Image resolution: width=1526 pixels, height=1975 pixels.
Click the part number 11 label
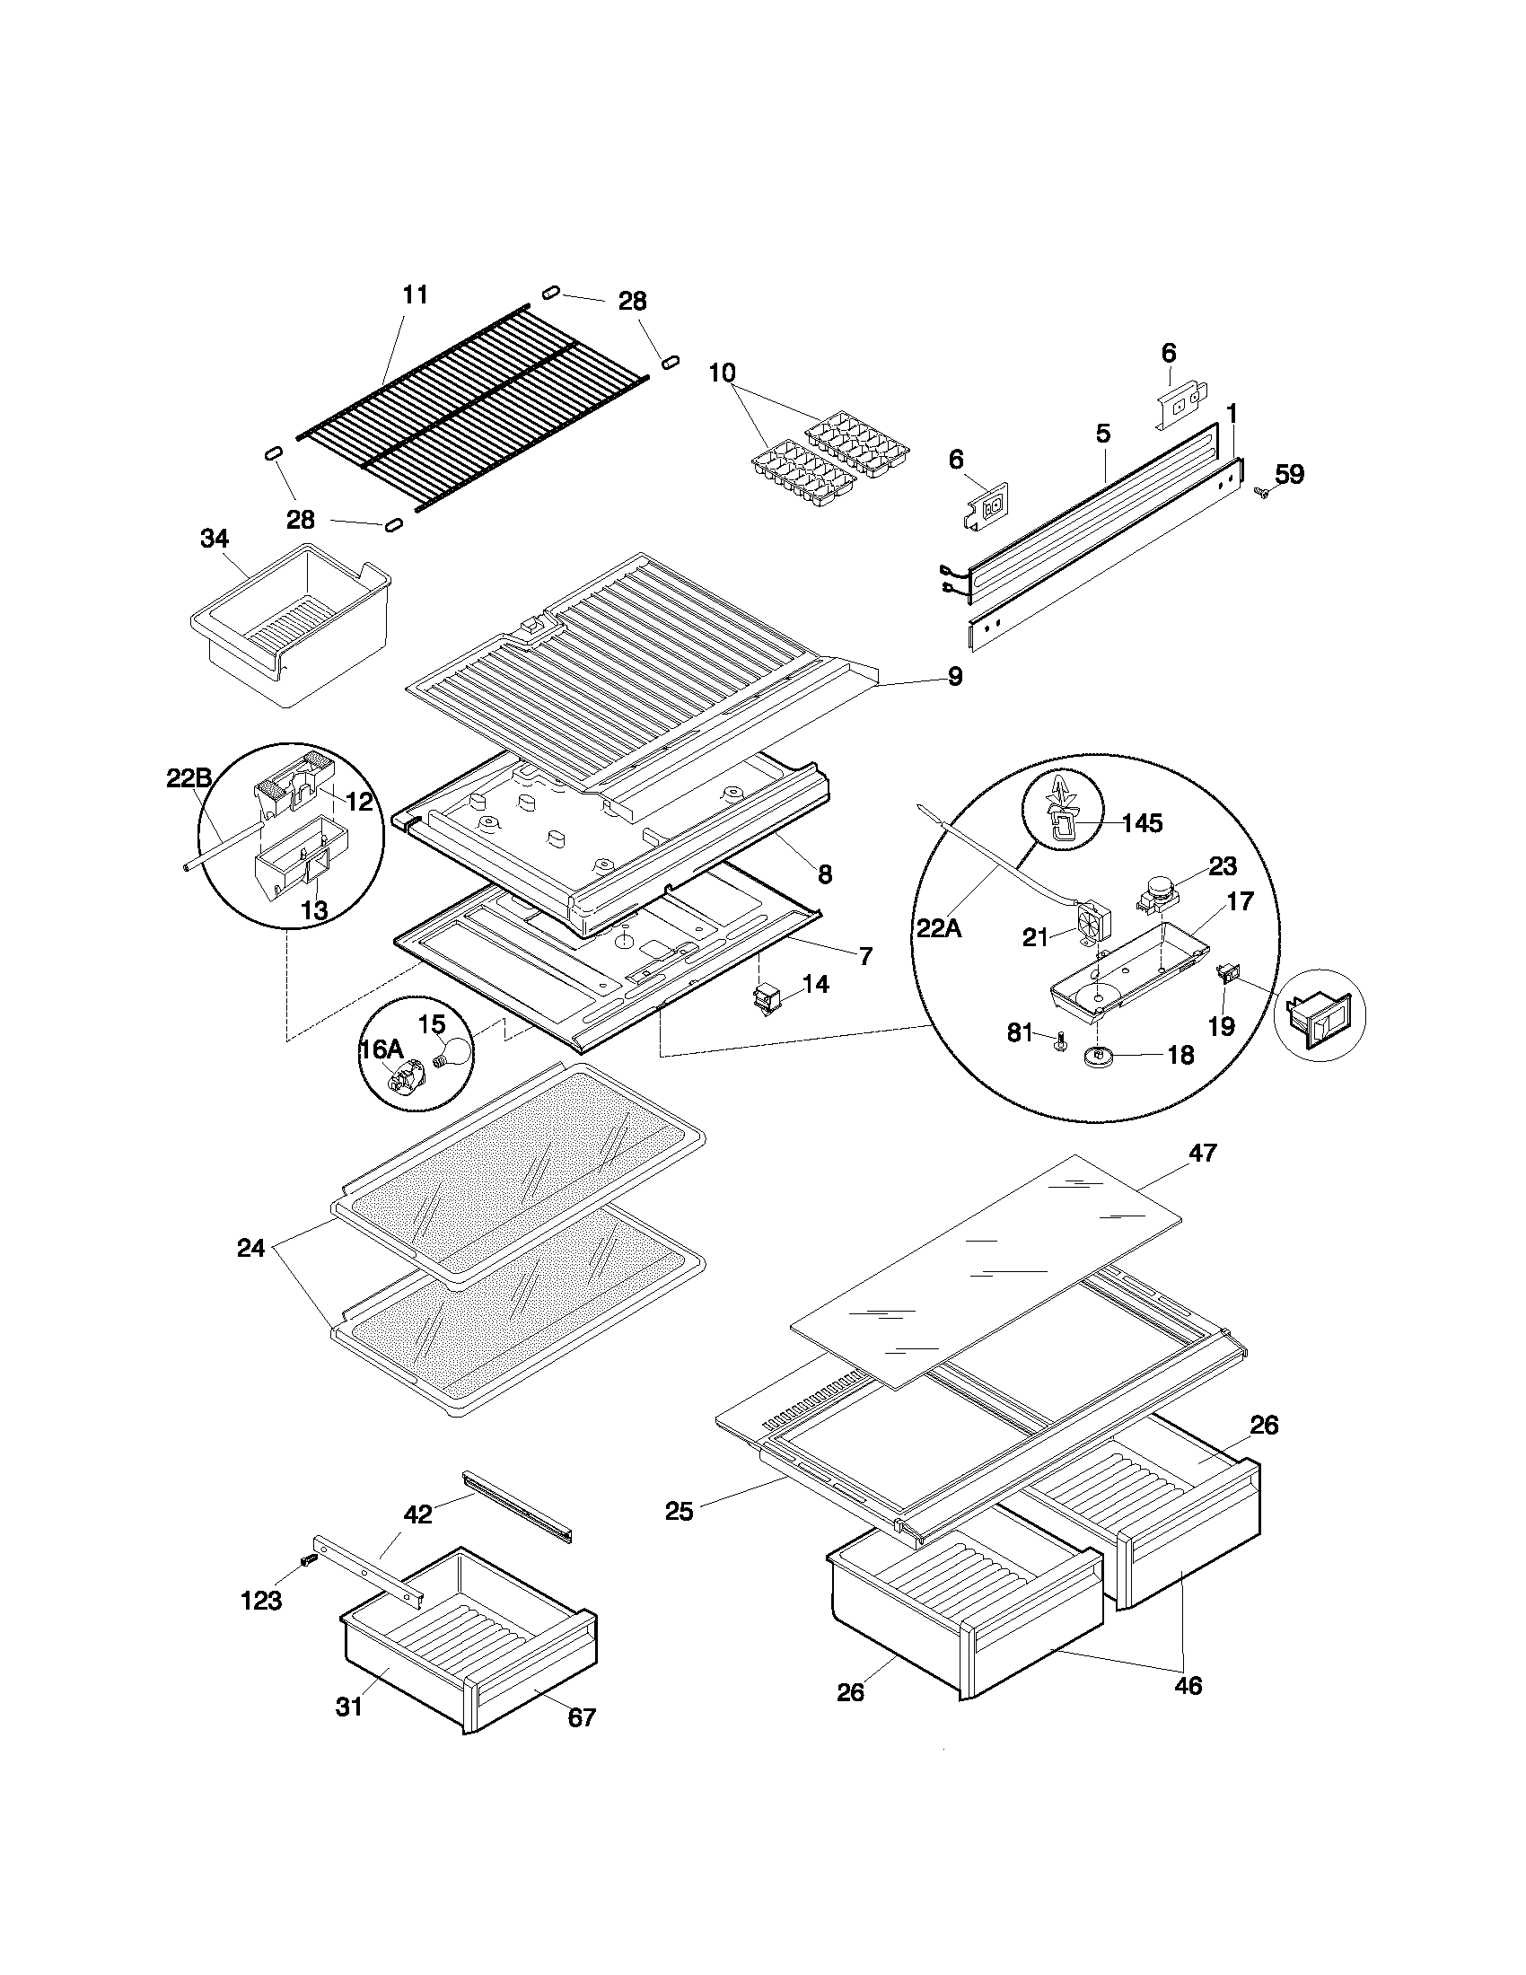(x=414, y=294)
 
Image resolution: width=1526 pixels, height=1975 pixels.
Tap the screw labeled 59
(x=1260, y=492)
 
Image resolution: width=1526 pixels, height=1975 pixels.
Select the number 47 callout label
(x=1203, y=1153)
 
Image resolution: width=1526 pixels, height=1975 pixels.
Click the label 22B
(x=189, y=777)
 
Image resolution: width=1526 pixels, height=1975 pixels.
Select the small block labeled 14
(x=767, y=997)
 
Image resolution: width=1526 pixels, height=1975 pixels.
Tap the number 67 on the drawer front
(x=582, y=1717)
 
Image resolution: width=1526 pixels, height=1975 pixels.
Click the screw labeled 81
(x=1057, y=1042)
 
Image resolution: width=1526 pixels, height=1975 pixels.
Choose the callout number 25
(x=679, y=1510)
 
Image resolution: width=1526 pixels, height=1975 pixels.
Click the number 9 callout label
(x=955, y=676)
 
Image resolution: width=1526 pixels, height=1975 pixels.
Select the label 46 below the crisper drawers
(x=1188, y=1685)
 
